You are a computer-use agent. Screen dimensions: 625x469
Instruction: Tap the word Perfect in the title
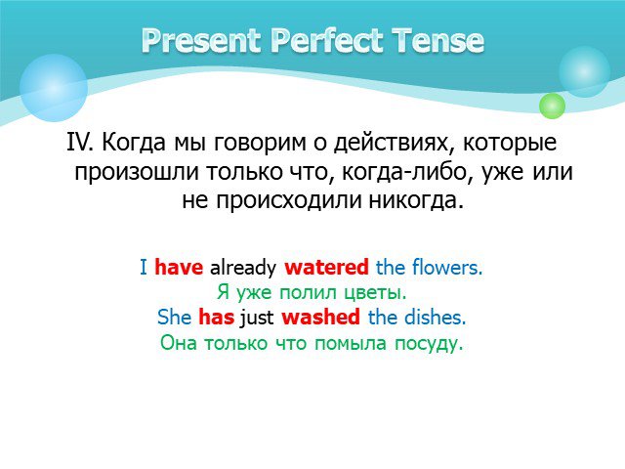tap(326, 40)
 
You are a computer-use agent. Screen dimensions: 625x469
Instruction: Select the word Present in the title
tap(201, 40)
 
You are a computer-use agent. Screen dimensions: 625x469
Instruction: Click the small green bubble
tap(552, 106)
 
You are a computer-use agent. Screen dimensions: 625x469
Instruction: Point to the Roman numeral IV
tap(80, 142)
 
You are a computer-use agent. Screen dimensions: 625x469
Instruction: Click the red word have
tap(179, 267)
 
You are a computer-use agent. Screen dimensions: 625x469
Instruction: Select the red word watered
tap(326, 267)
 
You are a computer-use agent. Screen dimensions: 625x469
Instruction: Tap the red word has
tap(216, 317)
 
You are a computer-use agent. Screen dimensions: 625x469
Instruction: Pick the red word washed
tap(320, 317)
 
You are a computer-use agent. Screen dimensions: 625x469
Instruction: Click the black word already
tap(243, 268)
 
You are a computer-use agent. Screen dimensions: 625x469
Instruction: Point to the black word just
tap(256, 318)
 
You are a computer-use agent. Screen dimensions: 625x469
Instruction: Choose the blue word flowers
tap(447, 267)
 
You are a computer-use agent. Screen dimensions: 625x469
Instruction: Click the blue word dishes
tap(436, 317)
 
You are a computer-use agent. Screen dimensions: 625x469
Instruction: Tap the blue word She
tap(174, 317)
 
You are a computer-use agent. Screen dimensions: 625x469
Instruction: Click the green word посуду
tap(429, 344)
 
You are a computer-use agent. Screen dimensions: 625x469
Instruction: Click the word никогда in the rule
tap(416, 200)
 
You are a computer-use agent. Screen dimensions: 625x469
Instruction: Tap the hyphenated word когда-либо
tap(407, 172)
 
